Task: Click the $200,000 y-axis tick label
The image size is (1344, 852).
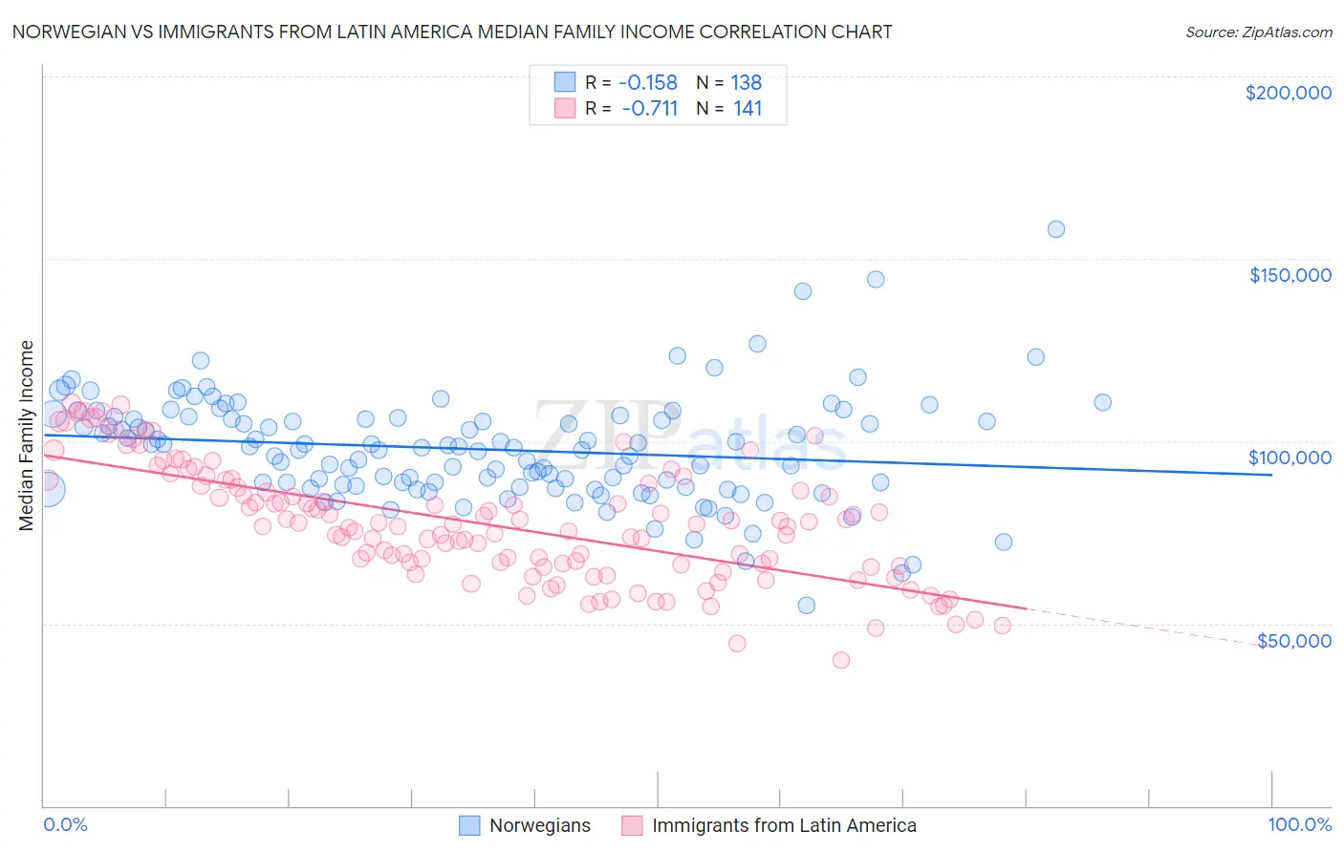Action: click(x=1288, y=93)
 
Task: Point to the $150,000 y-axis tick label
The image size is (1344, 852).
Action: click(x=1290, y=275)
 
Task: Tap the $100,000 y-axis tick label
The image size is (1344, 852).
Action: click(x=1290, y=458)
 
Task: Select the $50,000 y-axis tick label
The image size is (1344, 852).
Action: click(x=1293, y=640)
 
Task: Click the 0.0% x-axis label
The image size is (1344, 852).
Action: click(x=65, y=824)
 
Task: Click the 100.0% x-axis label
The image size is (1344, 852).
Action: click(x=1299, y=824)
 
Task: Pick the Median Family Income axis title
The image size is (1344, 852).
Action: click(x=27, y=436)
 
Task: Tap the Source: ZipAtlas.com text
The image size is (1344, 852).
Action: click(x=1258, y=32)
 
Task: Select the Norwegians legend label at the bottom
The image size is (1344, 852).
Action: click(x=539, y=825)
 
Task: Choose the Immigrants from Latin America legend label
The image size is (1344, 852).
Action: click(x=784, y=825)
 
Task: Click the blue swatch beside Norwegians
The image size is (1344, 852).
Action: click(x=469, y=825)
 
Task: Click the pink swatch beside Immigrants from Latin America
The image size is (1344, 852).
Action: click(x=632, y=825)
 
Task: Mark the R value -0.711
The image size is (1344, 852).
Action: click(x=649, y=108)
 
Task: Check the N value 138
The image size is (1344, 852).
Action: click(x=746, y=82)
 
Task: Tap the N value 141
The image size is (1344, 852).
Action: click(x=747, y=108)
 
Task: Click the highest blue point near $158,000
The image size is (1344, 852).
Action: click(x=1055, y=229)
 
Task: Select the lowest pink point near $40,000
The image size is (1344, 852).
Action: click(x=841, y=660)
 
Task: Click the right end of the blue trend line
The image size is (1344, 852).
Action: click(x=1270, y=475)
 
